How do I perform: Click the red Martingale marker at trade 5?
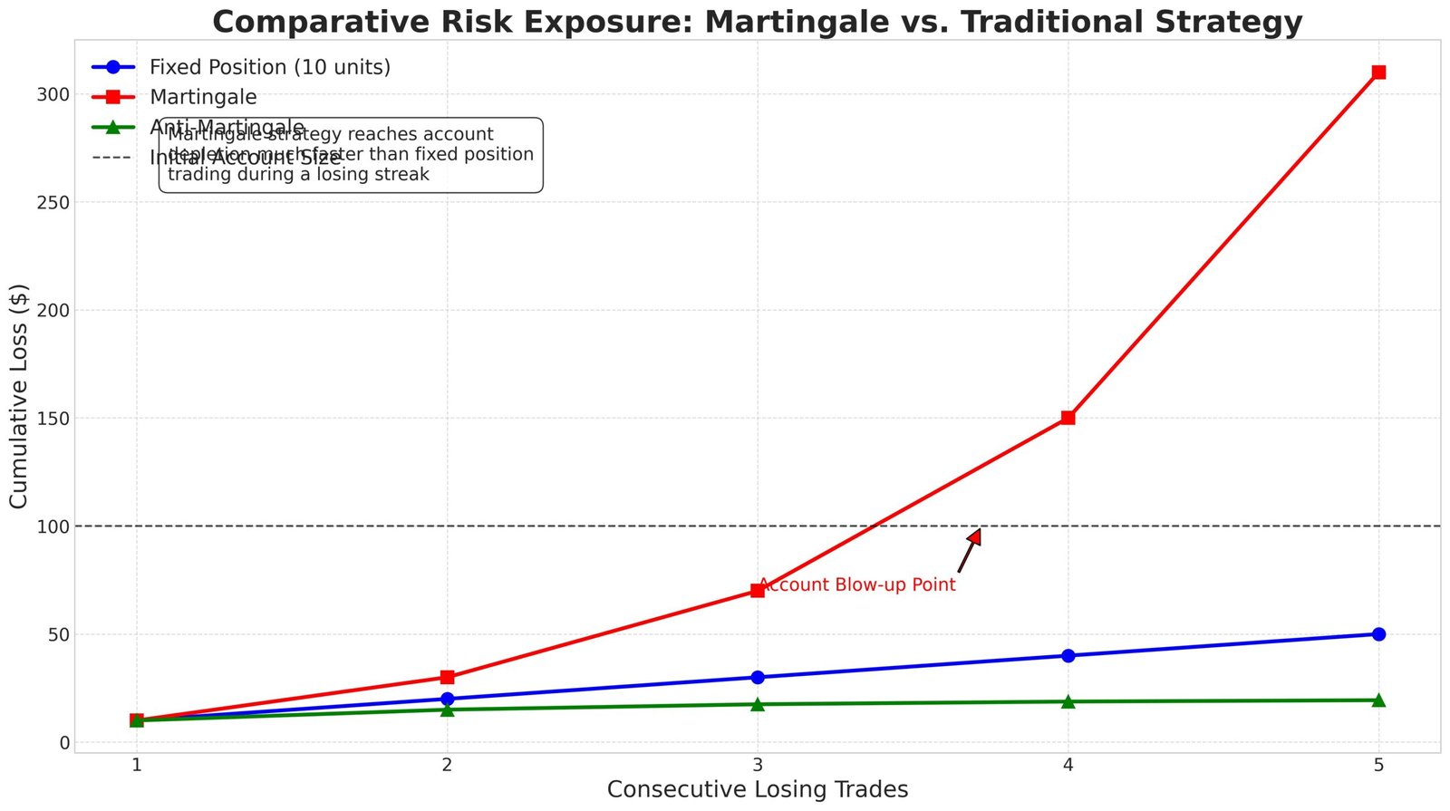pos(1378,72)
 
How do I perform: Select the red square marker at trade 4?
pos(1068,418)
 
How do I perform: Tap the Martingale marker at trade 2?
pos(447,677)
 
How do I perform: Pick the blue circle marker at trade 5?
pos(1378,634)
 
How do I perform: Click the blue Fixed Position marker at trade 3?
pos(758,677)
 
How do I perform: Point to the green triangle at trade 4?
pos(1068,701)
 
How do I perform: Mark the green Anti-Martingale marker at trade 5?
pos(1378,700)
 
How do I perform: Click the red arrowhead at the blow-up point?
pos(975,536)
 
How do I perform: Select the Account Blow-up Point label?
pos(857,585)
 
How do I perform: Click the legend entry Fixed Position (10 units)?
pos(269,67)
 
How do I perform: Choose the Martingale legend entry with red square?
pos(203,97)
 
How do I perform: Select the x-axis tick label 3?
pos(758,765)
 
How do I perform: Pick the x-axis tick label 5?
pos(1378,765)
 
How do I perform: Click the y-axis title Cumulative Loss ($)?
pos(20,396)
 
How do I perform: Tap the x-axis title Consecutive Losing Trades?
pos(758,790)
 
